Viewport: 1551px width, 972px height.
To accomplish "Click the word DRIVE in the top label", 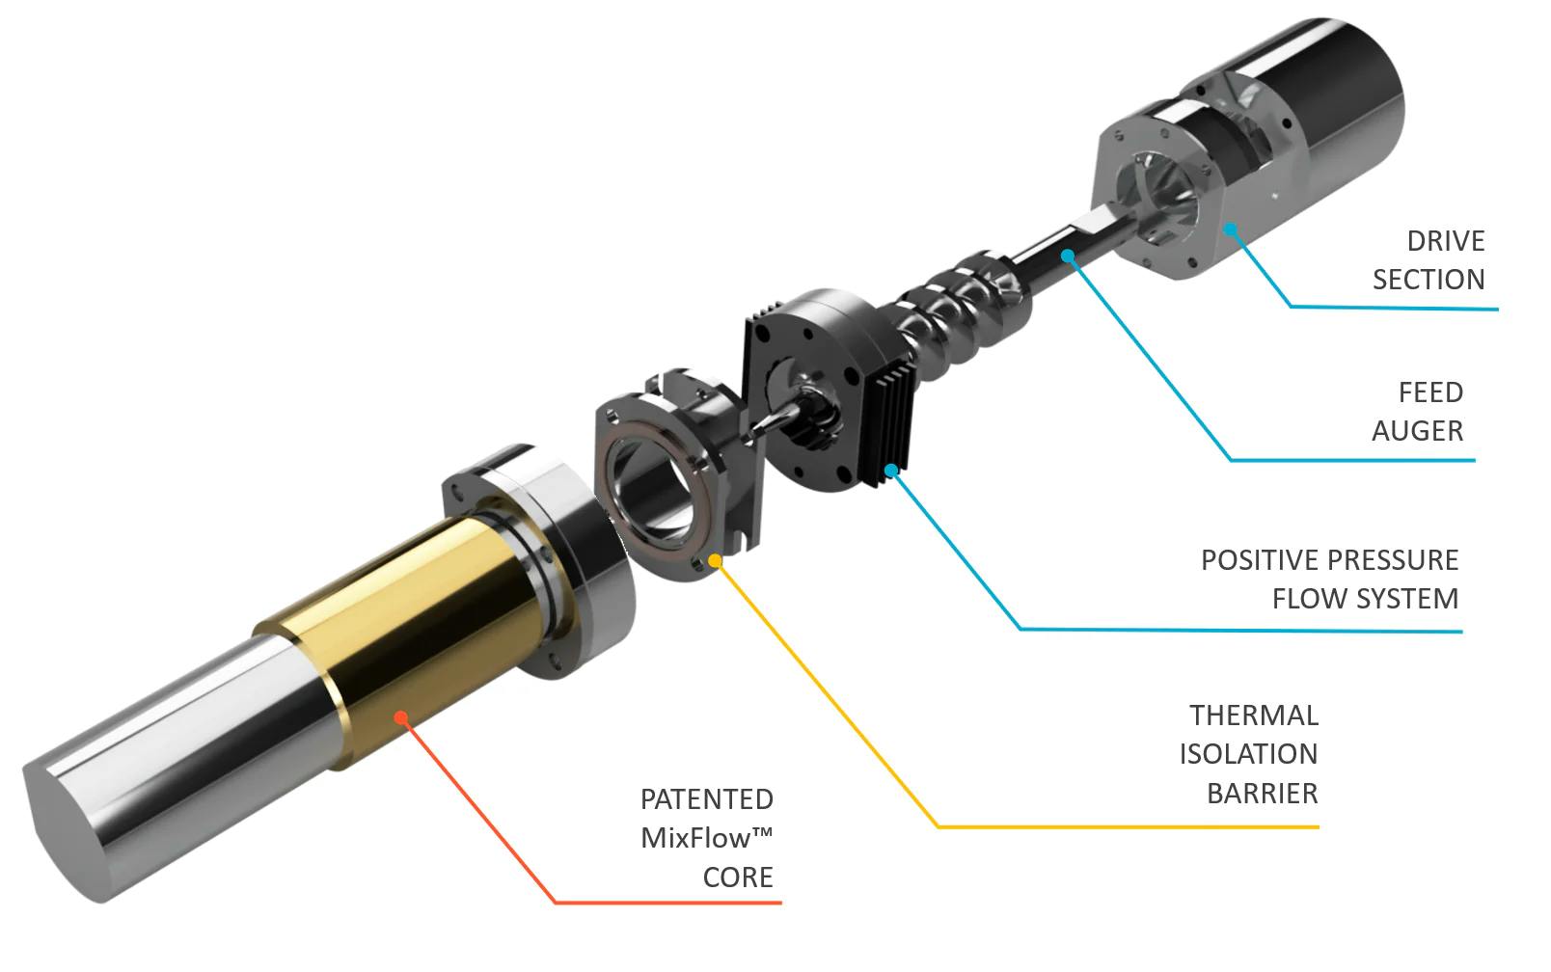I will (1445, 240).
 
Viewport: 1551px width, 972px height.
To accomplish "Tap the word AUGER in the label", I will (1417, 430).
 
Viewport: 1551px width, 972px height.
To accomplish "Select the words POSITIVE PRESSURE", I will (1328, 559).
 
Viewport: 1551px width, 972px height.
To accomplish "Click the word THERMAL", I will (1253, 715).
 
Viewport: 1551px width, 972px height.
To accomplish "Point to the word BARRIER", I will (1262, 793).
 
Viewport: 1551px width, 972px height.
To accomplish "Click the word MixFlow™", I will (706, 837).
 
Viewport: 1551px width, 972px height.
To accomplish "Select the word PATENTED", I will (706, 798).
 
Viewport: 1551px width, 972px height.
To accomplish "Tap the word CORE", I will (737, 877).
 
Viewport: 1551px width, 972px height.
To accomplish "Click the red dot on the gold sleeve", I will (400, 716).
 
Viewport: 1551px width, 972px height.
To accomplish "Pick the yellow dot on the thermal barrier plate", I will (715, 559).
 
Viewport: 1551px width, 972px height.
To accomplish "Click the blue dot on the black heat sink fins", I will (892, 471).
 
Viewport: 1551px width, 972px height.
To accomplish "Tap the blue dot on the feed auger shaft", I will (1067, 256).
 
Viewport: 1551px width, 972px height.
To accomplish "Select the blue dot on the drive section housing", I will (1230, 229).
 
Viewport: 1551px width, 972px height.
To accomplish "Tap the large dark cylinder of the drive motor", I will (1350, 106).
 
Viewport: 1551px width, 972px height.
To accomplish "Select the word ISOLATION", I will (1247, 753).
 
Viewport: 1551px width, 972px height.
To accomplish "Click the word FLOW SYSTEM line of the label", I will (1364, 598).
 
